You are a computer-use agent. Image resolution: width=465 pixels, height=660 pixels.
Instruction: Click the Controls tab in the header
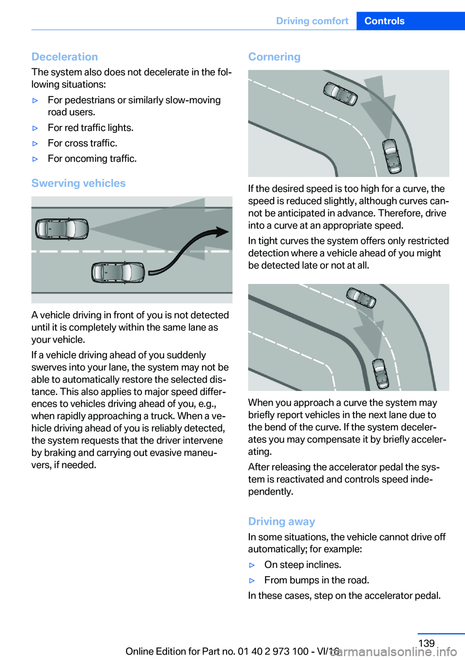[x=384, y=21]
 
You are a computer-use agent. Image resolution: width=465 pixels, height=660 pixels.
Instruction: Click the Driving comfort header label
[x=312, y=21]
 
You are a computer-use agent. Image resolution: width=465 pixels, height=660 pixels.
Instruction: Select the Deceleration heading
[x=64, y=57]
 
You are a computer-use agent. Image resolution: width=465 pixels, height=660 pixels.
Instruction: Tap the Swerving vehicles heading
[x=78, y=183]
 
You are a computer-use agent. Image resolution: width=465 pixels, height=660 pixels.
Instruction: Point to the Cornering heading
[x=274, y=57]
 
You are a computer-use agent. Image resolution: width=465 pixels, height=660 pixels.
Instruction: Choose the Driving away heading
[x=281, y=521]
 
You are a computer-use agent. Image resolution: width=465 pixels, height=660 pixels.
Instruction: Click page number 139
[x=426, y=643]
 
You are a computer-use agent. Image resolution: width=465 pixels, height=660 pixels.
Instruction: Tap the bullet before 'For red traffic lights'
[x=35, y=128]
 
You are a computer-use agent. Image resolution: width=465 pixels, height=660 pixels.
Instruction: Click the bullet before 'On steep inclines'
[x=252, y=565]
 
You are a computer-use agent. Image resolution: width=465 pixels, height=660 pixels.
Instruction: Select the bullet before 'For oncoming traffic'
[x=35, y=159]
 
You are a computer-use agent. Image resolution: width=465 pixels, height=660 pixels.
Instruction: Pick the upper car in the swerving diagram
[x=62, y=229]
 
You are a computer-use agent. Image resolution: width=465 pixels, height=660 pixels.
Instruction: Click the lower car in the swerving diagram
[x=118, y=272]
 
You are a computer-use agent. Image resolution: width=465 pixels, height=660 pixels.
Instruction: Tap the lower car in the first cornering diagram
[x=392, y=156]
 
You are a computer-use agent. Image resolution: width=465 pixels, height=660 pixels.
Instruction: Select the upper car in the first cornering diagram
[x=341, y=94]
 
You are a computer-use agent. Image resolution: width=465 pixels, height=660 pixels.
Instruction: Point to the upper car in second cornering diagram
[x=361, y=298]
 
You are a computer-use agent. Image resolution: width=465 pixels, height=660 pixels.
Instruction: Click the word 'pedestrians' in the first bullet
[x=90, y=100]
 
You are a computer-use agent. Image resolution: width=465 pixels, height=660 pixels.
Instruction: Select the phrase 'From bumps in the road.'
[x=317, y=580]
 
